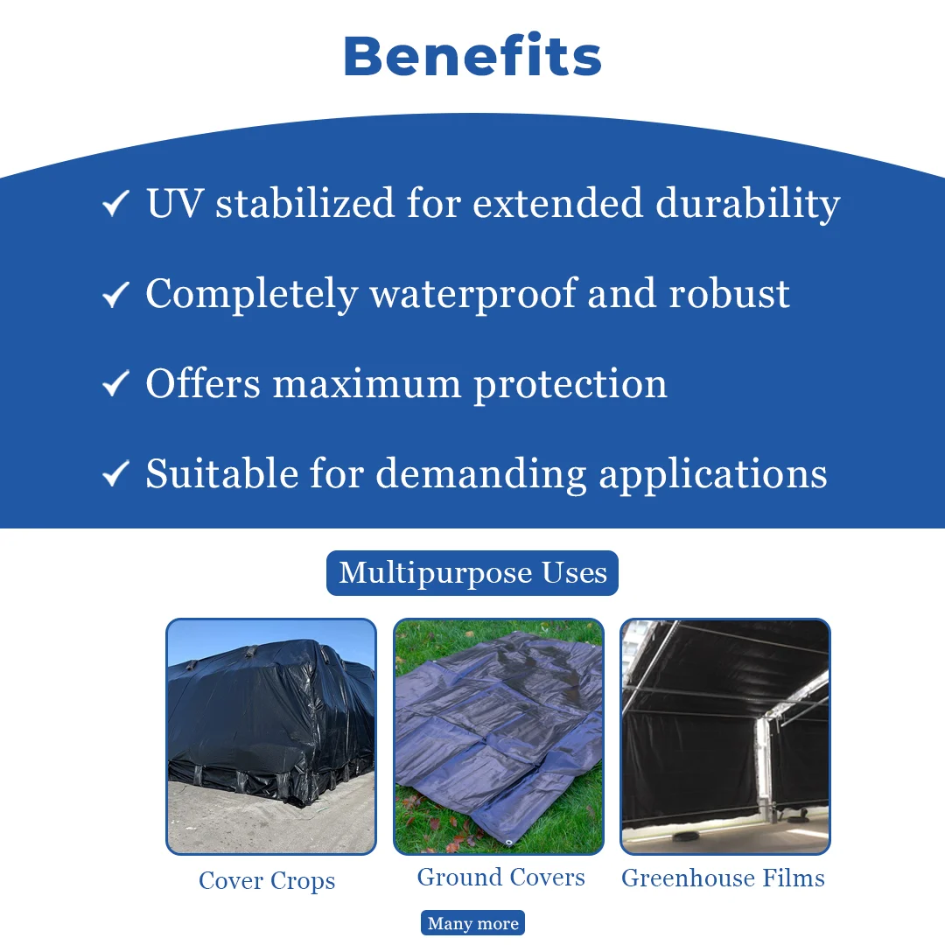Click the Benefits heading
coord(472,56)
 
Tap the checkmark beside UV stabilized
coord(115,203)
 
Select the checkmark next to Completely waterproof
coord(115,295)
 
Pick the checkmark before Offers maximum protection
coord(115,384)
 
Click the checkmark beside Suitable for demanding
coord(115,473)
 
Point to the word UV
coord(175,203)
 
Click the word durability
coord(747,205)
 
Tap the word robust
coord(729,294)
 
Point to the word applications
coord(712,475)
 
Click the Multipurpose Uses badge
coord(472,573)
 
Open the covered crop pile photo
coord(271,737)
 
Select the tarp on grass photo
coord(499,737)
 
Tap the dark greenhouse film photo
coord(725,737)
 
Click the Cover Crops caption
coord(267,881)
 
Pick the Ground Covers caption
coord(500,878)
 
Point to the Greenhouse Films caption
coord(724,878)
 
